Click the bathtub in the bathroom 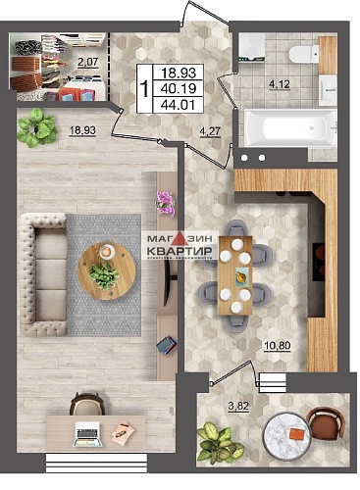288,129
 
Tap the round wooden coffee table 104,265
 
